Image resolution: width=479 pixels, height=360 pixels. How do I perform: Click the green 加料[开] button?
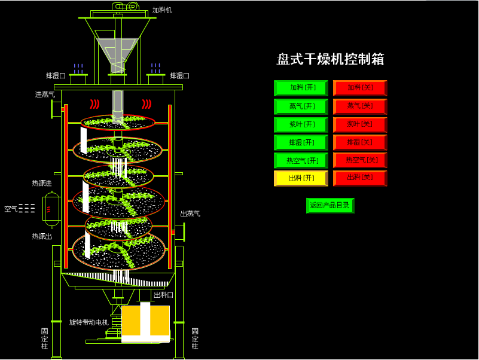tap(301, 88)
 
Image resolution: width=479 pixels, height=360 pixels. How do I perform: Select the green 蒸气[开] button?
tap(301, 106)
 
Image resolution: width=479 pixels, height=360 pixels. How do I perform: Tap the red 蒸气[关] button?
tap(360, 106)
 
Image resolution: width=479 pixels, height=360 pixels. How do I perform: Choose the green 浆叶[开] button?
tap(301, 124)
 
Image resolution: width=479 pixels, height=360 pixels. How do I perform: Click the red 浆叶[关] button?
tap(360, 124)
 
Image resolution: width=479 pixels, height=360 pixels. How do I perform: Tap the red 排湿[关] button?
tap(360, 142)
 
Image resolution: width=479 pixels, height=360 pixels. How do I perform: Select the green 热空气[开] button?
tap(301, 160)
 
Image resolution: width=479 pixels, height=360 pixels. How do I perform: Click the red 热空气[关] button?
tap(360, 160)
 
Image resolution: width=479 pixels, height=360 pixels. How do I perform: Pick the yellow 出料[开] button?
tap(301, 178)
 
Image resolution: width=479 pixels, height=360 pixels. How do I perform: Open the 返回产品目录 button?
tap(330, 205)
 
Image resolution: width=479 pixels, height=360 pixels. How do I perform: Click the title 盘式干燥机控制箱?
tap(330, 59)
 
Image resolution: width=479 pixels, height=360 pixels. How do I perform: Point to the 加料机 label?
tap(162, 10)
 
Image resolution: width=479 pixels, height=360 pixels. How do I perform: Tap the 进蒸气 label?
tap(45, 94)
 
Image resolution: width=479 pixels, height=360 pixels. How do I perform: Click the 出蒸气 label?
tap(190, 213)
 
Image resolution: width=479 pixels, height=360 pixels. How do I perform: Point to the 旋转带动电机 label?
tap(89, 322)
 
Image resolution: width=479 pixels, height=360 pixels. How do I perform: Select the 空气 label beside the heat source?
tap(11, 209)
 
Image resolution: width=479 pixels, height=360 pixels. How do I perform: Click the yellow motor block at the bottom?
tap(146, 323)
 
